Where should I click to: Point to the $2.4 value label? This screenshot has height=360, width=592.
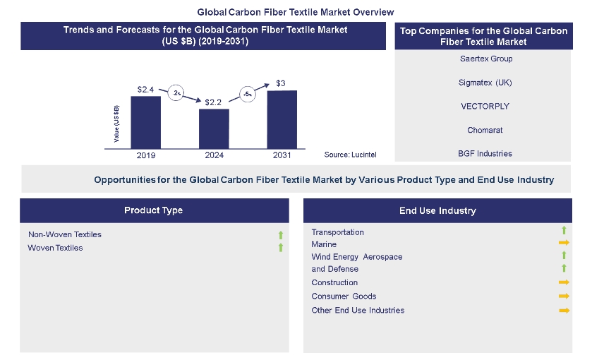146,90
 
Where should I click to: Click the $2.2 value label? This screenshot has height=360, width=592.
214,102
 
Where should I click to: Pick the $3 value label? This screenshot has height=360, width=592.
281,84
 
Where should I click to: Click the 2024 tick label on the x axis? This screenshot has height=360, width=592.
214,154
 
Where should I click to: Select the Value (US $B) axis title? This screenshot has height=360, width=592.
116,123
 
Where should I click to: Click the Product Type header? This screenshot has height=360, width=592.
154,210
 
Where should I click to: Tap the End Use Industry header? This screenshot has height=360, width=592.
437,210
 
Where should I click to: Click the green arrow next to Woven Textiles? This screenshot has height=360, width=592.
280,248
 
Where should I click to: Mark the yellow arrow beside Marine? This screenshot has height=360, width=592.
564,244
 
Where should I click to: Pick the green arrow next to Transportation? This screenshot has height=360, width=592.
564,230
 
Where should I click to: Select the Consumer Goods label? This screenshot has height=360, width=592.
344,296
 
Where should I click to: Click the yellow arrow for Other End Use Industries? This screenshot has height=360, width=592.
564,310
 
